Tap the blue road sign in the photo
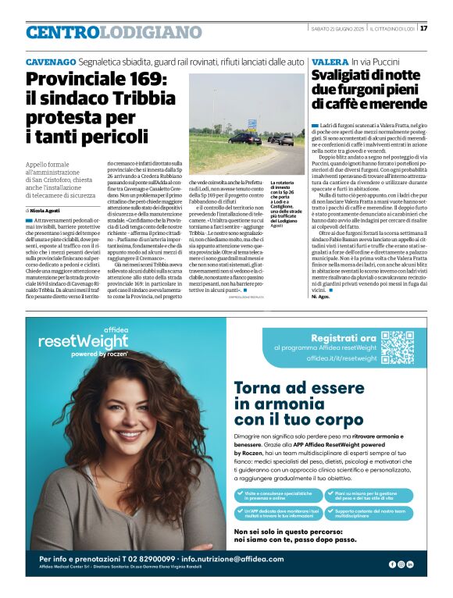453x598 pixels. (x=252, y=123)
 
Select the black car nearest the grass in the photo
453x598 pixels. (x=241, y=138)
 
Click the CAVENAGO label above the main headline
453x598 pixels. (x=51, y=61)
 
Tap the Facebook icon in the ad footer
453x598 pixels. (x=391, y=564)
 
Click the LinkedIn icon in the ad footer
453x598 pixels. (x=410, y=564)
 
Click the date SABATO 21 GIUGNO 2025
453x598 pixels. (x=338, y=29)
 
